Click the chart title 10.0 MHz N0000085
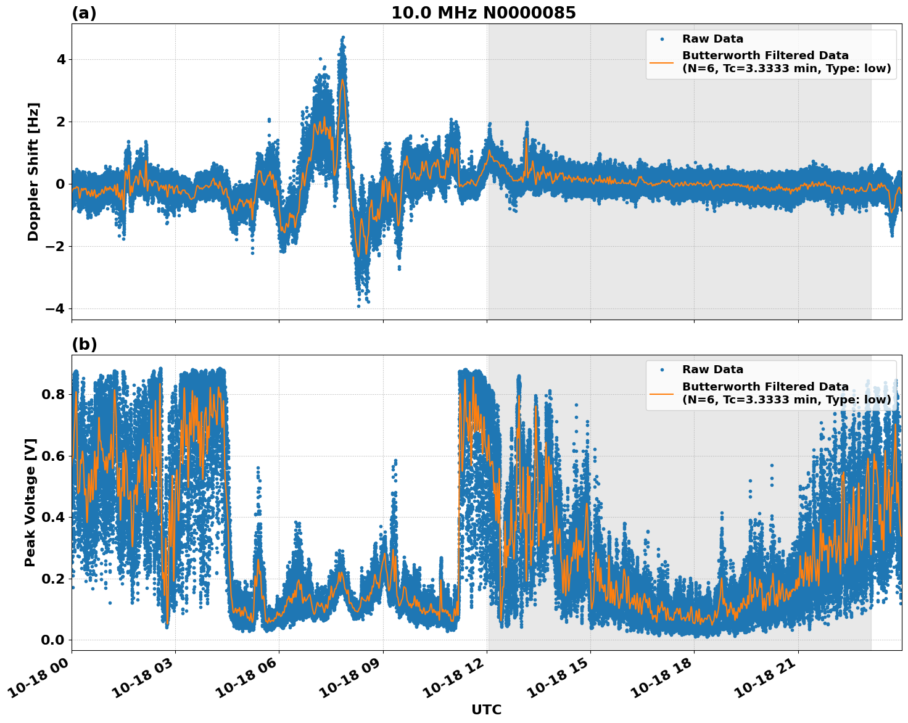click(483, 13)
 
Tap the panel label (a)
click(84, 13)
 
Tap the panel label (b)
click(84, 344)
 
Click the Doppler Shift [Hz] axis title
click(33, 171)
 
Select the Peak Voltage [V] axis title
click(30, 502)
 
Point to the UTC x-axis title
click(486, 709)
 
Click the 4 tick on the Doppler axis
click(61, 60)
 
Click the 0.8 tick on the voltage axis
click(53, 394)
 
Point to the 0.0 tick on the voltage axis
click(53, 640)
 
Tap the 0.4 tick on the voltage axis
click(53, 517)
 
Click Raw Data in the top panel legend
click(712, 39)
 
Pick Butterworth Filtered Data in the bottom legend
click(765, 387)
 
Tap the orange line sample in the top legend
click(661, 62)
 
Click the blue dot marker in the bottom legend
click(661, 370)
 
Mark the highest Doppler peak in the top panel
click(343, 38)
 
